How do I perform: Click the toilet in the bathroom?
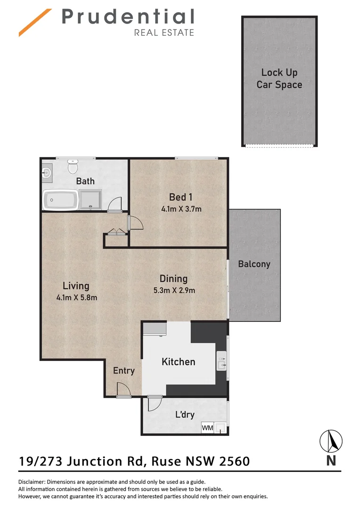click(x=73, y=167)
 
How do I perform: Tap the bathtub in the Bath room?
click(x=60, y=200)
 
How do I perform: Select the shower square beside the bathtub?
click(x=90, y=199)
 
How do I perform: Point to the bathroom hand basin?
click(x=47, y=173)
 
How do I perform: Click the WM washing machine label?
click(x=207, y=428)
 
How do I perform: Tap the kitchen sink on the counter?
click(x=221, y=361)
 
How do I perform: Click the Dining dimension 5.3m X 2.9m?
click(x=173, y=290)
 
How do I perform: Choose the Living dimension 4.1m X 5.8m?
click(x=76, y=297)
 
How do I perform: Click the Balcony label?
click(x=254, y=264)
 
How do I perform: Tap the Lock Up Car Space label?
click(x=279, y=79)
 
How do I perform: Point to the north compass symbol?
click(x=331, y=442)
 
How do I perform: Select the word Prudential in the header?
click(x=128, y=17)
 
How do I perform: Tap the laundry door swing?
click(x=154, y=403)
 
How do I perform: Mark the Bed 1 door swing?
click(x=136, y=222)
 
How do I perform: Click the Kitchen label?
click(x=178, y=361)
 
